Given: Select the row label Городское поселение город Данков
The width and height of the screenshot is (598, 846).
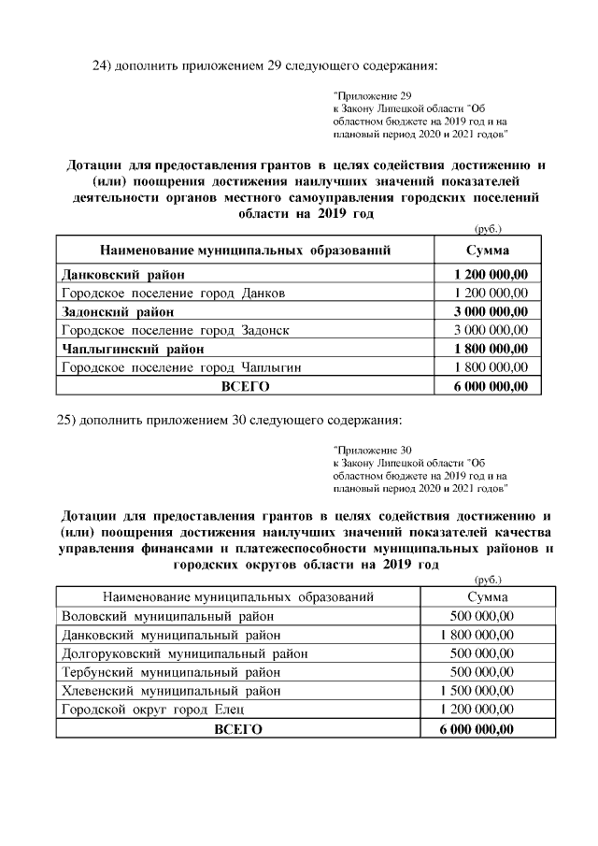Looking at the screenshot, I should [x=173, y=293].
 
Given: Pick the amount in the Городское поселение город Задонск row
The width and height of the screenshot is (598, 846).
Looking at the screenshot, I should [x=491, y=330].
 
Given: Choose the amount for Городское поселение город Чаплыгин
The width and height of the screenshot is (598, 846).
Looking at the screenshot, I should [x=491, y=367].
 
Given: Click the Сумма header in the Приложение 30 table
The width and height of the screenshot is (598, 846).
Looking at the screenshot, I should [x=487, y=596].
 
